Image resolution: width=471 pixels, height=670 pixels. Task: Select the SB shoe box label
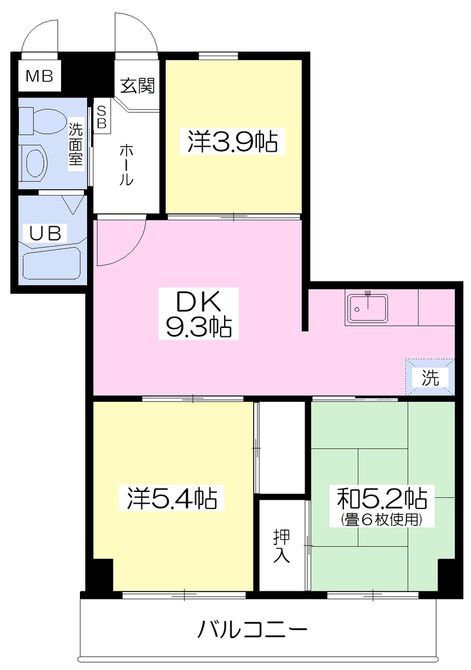(x=102, y=117)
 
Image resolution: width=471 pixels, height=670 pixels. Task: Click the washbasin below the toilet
(x=33, y=163)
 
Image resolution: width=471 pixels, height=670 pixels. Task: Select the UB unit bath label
(x=45, y=234)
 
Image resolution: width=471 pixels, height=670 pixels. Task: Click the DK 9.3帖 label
(x=198, y=313)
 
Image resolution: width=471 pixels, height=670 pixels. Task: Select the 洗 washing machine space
(x=430, y=377)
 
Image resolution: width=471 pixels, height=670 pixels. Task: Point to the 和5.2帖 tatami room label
(x=383, y=497)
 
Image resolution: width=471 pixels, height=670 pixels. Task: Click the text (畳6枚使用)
(x=383, y=520)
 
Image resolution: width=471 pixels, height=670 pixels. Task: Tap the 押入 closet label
(x=282, y=546)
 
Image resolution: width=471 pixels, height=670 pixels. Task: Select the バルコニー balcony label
(x=252, y=629)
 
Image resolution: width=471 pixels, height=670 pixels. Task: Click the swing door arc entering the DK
(x=136, y=252)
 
